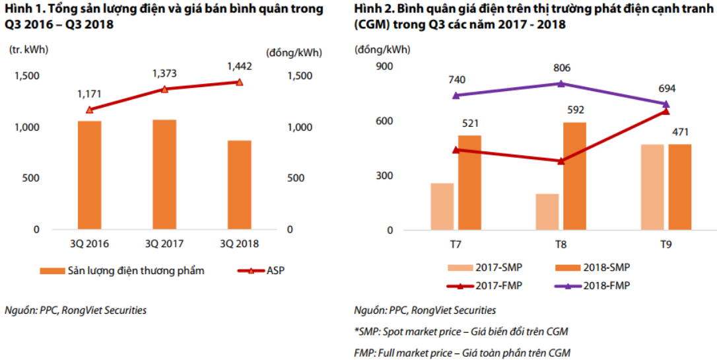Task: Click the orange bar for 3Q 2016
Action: pos(89,175)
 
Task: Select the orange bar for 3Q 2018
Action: pos(239,185)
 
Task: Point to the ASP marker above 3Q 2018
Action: pos(240,82)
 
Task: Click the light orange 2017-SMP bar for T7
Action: pos(442,207)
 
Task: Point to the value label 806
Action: pos(561,68)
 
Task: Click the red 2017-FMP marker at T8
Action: pos(561,161)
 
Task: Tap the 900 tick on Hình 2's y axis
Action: pos(384,66)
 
